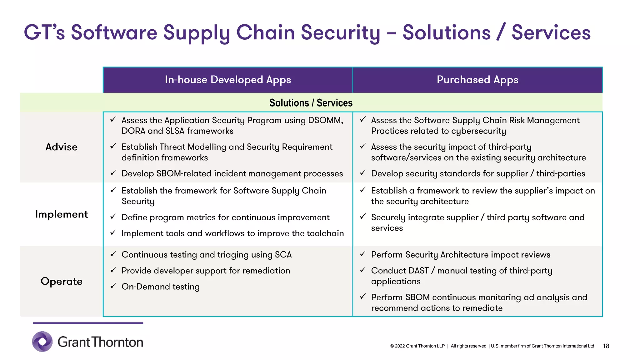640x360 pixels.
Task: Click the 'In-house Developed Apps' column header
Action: pos(228,80)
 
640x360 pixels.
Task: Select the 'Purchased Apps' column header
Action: pos(477,80)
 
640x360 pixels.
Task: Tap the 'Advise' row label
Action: pos(62,147)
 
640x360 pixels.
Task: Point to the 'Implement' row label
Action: pos(62,214)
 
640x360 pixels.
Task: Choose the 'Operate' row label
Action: pos(62,281)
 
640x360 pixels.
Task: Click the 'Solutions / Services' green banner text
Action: pos(311,103)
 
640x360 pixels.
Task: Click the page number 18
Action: pos(606,346)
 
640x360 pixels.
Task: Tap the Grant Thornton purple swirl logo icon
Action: pos(42,342)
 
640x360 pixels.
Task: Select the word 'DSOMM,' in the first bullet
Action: pos(326,120)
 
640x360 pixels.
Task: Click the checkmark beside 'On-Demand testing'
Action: pos(113,286)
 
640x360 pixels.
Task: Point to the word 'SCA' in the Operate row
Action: pos(283,255)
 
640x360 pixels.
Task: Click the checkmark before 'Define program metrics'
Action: pos(113,217)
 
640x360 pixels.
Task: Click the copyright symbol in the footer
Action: pos(392,346)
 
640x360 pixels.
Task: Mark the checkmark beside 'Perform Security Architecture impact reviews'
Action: pos(363,254)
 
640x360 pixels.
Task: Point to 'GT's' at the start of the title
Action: pos(44,32)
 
